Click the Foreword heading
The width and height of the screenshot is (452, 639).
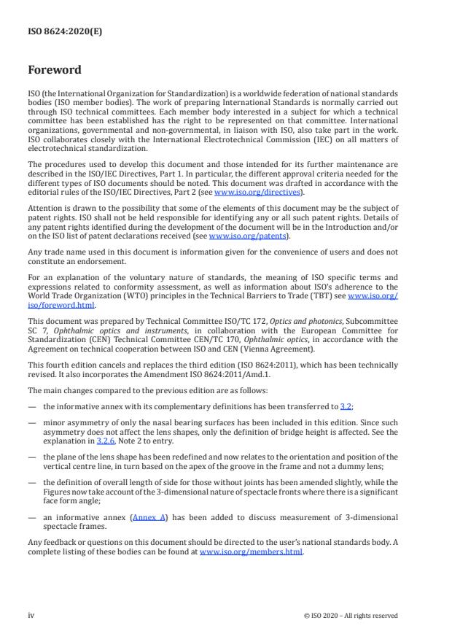click(55, 70)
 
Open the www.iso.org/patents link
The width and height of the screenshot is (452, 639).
click(238, 236)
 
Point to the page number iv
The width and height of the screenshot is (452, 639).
click(31, 615)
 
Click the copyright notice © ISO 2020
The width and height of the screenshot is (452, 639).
click(351, 615)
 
